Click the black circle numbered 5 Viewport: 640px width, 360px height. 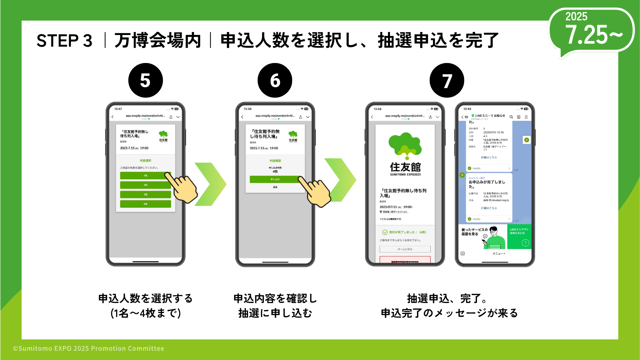pyautogui.click(x=145, y=80)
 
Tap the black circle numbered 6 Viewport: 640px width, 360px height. pyautogui.click(x=275, y=80)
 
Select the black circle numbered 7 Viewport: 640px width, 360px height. pyautogui.click(x=447, y=80)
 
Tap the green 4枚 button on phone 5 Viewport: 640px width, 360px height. pyautogui.click(x=145, y=204)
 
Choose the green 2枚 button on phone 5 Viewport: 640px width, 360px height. pyautogui.click(x=145, y=185)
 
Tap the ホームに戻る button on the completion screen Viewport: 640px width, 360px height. pyautogui.click(x=405, y=249)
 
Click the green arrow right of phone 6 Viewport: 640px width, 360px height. pyautogui.click(x=340, y=180)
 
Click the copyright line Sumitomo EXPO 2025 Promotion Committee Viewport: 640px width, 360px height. pyautogui.click(x=89, y=348)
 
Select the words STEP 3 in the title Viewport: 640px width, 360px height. pyautogui.click(x=64, y=41)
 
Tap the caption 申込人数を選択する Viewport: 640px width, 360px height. pyautogui.click(x=145, y=298)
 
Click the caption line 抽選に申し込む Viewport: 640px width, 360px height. pyautogui.click(x=275, y=313)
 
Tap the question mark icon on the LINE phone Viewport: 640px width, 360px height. pyautogui.click(x=525, y=243)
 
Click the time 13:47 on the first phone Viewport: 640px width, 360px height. pyautogui.click(x=118, y=109)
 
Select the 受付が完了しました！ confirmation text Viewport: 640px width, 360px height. pyautogui.click(x=403, y=232)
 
